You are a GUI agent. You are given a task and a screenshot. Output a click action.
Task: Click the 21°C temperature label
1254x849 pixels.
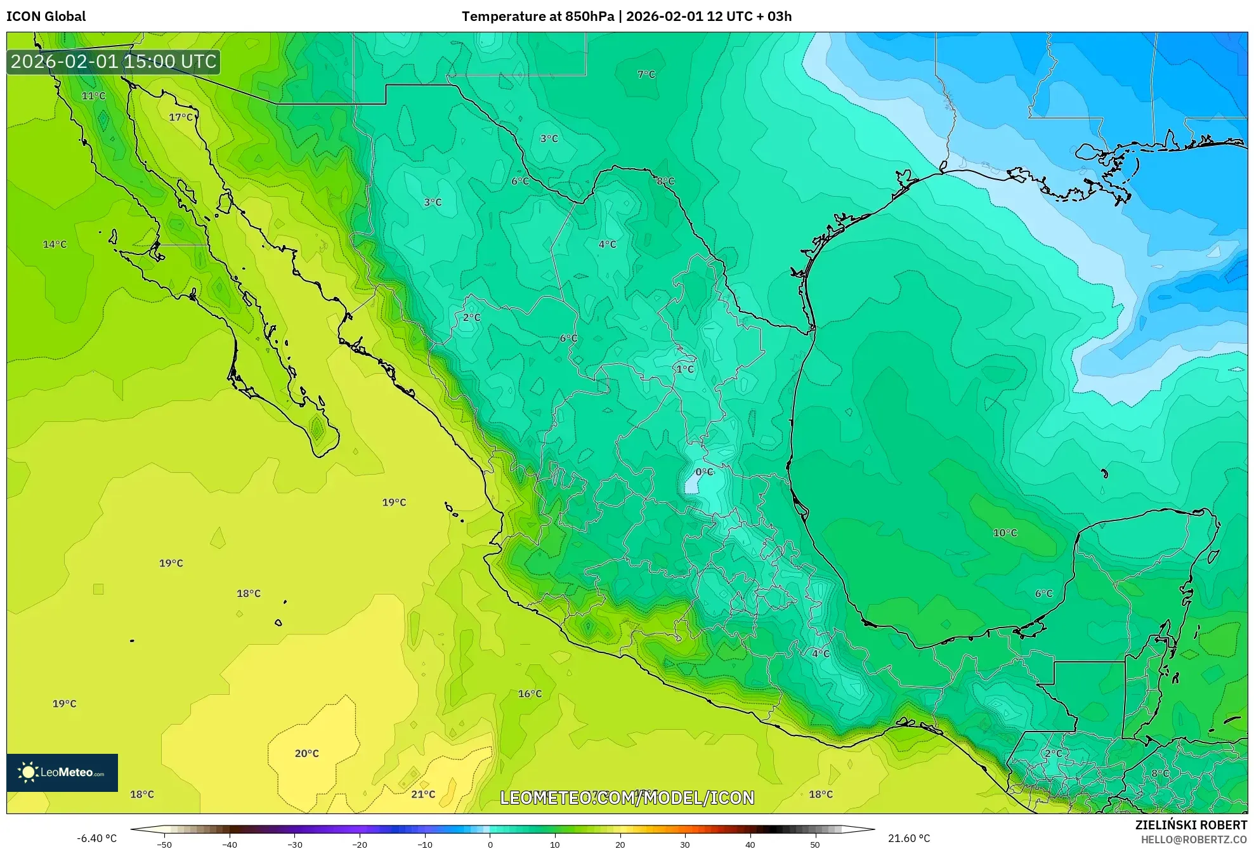point(423,794)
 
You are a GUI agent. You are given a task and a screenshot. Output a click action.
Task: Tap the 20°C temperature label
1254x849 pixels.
point(307,754)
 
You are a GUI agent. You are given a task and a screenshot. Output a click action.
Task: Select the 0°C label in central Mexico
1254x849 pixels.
point(704,472)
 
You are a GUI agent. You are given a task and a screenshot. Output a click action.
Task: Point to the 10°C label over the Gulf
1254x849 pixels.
point(1005,533)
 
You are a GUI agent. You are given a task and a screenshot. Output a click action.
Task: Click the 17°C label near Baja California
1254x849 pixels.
point(181,117)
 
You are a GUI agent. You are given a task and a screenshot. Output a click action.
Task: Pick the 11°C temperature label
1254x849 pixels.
point(94,96)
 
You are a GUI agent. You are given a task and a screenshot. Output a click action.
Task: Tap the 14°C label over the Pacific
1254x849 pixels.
point(55,244)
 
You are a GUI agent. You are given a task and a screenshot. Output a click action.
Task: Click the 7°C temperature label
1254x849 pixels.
point(646,74)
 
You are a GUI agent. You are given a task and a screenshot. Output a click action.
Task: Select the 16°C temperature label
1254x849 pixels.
point(530,694)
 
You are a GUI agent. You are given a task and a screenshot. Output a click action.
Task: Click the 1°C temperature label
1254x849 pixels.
point(685,369)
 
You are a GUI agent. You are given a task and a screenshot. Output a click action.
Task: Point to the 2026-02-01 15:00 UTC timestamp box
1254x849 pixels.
point(114,62)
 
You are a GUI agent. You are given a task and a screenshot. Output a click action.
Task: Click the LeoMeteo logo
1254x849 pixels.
point(62,772)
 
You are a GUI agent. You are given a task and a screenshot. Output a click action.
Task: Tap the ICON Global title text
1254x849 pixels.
point(46,16)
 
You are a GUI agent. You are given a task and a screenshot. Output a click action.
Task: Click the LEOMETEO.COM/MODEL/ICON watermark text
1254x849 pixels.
point(627,798)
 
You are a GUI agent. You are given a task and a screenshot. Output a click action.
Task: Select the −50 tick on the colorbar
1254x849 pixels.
point(164,844)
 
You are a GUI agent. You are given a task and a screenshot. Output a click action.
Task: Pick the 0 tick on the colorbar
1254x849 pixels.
point(490,844)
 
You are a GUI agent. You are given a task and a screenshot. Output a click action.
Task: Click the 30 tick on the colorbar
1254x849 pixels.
point(685,844)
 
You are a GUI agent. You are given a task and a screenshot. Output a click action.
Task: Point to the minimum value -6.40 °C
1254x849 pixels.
point(97,838)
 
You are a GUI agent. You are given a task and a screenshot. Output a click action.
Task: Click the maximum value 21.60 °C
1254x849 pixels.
point(908,838)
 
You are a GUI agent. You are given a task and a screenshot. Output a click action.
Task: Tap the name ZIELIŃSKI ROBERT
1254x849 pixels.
point(1191,825)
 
